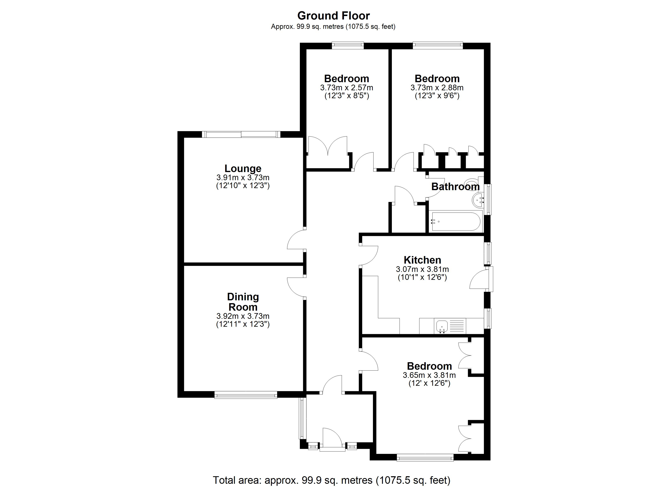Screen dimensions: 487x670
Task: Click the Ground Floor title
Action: (334, 15)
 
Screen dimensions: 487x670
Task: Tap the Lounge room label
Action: (243, 168)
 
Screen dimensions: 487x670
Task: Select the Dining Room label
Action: (243, 302)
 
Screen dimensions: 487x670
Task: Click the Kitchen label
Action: (422, 260)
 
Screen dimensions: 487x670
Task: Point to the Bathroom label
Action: (455, 187)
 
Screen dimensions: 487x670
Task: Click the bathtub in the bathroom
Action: (456, 221)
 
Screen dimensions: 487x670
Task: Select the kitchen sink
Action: (442, 326)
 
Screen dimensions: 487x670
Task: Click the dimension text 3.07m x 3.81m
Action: (422, 269)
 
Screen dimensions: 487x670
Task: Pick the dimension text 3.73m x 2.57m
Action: (347, 88)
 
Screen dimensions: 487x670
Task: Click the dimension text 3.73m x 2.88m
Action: (437, 88)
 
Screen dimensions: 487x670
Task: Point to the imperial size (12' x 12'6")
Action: (429, 383)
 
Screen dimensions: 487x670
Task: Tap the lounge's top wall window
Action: (241, 134)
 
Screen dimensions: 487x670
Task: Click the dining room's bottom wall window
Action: (246, 395)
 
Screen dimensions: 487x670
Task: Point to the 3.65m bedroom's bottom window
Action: (425, 458)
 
